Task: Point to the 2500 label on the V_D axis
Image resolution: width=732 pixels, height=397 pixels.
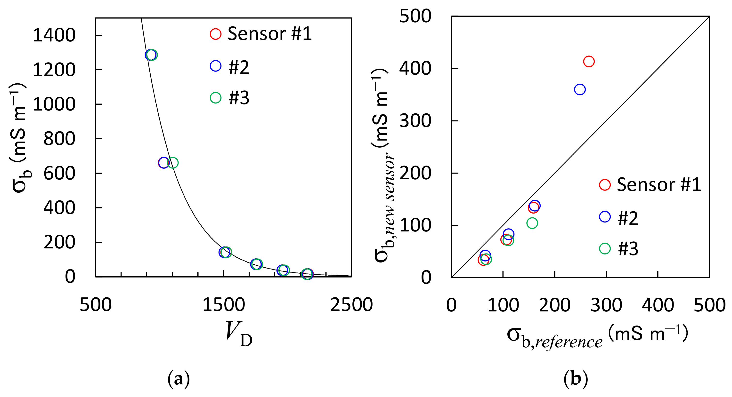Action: click(x=351, y=305)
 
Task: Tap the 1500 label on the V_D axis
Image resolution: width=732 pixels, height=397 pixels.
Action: click(x=224, y=305)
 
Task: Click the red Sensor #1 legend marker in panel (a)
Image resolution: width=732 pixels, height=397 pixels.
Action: click(x=215, y=34)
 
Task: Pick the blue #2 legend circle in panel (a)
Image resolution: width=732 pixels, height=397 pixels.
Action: click(x=215, y=66)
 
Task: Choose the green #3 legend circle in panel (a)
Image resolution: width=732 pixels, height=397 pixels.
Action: click(x=215, y=98)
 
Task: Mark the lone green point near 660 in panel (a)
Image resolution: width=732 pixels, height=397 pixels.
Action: click(x=172, y=163)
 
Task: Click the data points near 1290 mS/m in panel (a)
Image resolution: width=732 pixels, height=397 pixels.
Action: click(x=151, y=55)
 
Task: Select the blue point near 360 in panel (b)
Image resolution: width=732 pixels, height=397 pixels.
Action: click(x=580, y=89)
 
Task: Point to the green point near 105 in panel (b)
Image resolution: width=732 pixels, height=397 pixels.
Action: click(x=532, y=223)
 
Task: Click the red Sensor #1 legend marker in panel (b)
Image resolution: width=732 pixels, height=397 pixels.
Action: click(x=605, y=185)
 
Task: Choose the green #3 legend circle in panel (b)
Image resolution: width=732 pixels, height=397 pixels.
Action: click(x=605, y=248)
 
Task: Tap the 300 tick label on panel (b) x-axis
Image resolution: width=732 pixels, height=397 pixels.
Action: click(x=606, y=306)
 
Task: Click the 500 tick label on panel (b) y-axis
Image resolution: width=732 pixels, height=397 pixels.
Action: click(x=415, y=16)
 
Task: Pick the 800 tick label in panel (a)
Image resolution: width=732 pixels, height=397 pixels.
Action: click(x=59, y=139)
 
